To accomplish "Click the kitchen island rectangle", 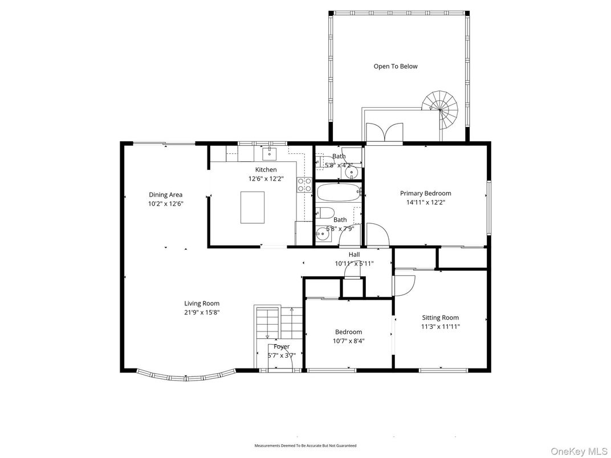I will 252,207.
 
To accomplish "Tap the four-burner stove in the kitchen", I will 304,184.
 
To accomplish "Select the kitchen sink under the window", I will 269,153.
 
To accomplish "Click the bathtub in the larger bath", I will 337,193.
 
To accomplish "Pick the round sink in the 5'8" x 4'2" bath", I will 353,170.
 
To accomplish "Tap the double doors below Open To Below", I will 385,132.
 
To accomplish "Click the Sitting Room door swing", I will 404,285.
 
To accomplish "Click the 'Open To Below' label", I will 395,66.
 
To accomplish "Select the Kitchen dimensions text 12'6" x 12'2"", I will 266,178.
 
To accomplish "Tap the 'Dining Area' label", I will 165,195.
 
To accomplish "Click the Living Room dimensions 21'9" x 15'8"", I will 201,312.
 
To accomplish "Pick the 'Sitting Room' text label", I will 440,318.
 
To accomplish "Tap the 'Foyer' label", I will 282,346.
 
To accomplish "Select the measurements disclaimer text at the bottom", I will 305,445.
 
